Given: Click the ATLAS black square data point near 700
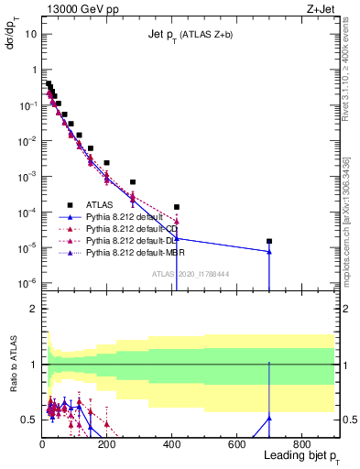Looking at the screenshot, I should point(269,241).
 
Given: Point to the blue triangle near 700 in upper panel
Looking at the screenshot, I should point(269,252).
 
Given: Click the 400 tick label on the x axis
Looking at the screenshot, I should point(171,444).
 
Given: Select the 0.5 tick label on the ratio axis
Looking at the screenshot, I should point(27,420).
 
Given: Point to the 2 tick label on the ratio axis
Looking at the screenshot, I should point(32,309).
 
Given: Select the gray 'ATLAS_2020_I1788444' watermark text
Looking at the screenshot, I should point(191,273).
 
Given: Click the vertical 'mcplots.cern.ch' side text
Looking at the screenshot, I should point(351,229).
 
